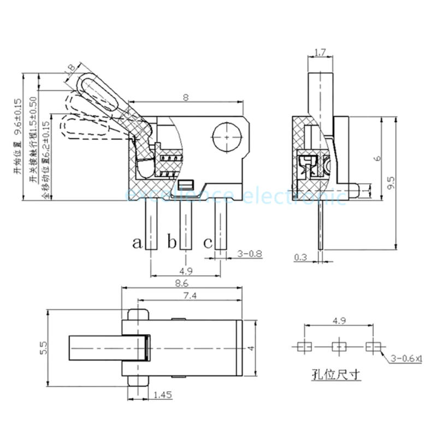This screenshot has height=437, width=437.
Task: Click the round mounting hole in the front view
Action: pos(226,136)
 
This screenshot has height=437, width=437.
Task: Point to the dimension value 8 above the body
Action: pos(186,98)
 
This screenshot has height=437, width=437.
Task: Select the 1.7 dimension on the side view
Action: pos(321,53)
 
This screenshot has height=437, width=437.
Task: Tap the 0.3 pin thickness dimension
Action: pos(300,257)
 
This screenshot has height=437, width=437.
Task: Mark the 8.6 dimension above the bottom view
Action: pos(182,283)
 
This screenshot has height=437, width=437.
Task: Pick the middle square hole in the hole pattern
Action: pos(339,346)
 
